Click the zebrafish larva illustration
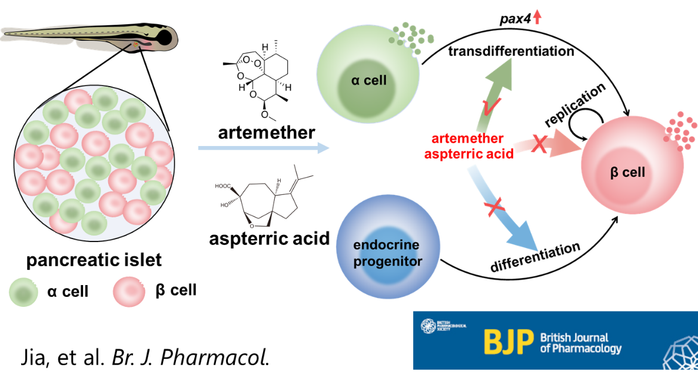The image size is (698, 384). pyautogui.click(x=88, y=39)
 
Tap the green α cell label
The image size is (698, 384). pyautogui.click(x=368, y=80)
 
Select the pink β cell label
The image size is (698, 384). pyautogui.click(x=627, y=173)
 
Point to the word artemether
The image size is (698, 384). pyautogui.click(x=467, y=140)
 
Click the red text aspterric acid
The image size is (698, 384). pyautogui.click(x=469, y=154)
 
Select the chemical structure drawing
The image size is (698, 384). pyautogui.click(x=265, y=197)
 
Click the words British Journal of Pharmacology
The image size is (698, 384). pyautogui.click(x=580, y=343)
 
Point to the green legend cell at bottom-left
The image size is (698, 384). pyautogui.click(x=24, y=292)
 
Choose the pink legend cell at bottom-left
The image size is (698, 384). pyautogui.click(x=129, y=292)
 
